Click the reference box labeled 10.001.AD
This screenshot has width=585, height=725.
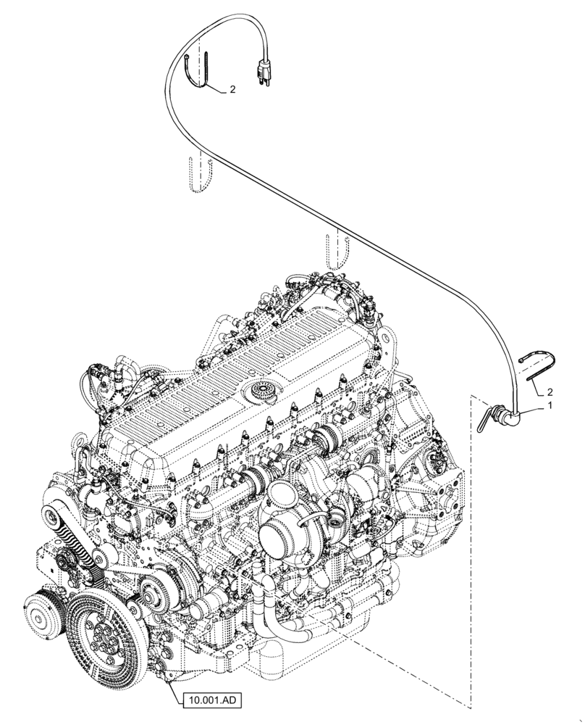point(209,700)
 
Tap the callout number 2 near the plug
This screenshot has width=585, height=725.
point(232,90)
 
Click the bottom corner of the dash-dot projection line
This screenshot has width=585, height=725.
point(471,708)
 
